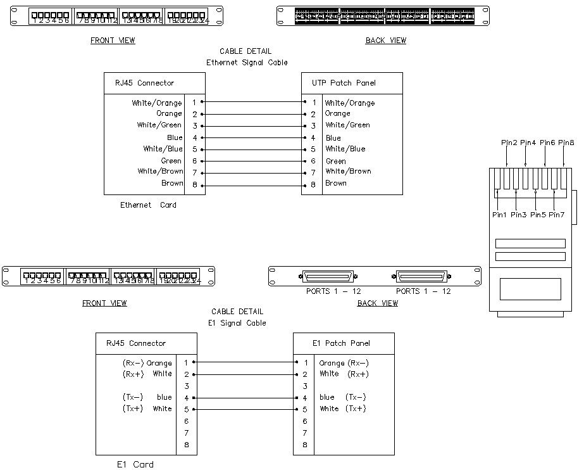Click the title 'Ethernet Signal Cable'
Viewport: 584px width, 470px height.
(247, 63)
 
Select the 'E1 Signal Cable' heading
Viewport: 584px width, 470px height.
(237, 323)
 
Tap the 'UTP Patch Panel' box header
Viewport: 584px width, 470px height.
(344, 83)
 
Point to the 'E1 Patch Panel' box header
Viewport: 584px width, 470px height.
(341, 343)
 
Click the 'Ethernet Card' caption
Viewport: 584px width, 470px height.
(148, 205)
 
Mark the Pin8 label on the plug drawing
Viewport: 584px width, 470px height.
(566, 143)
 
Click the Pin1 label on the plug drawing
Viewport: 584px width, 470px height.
(499, 215)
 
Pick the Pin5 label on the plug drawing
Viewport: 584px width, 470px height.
(538, 215)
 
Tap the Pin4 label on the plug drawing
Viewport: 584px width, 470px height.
(528, 143)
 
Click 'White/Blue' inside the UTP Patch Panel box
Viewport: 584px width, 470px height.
(345, 149)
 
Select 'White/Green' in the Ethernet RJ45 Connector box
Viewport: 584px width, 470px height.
(159, 125)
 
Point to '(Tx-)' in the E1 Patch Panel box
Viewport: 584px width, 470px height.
(356, 397)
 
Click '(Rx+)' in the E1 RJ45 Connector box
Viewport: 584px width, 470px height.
(132, 374)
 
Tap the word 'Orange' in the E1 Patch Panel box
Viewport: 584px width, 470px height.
(332, 363)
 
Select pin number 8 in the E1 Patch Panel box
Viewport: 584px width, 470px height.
(305, 445)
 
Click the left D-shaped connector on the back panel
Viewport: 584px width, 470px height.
(329, 277)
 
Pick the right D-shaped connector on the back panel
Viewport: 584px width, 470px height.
(422, 277)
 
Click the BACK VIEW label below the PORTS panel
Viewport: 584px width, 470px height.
(378, 303)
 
